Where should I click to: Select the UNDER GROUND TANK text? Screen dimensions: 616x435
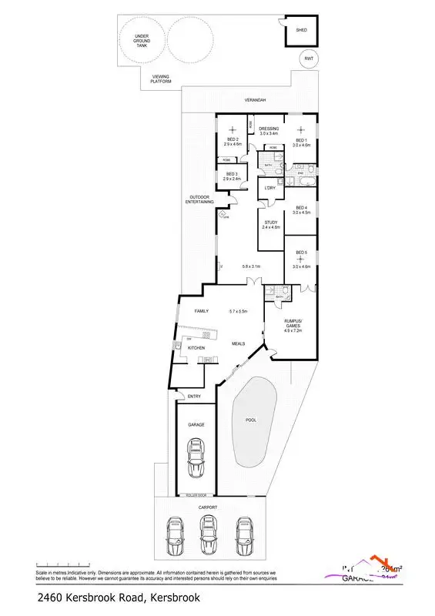[141, 40]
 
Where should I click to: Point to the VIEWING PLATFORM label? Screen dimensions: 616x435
[161, 79]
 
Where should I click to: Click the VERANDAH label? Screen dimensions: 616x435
[255, 101]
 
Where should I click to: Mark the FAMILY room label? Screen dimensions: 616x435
[201, 311]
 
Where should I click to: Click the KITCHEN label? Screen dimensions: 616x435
[196, 348]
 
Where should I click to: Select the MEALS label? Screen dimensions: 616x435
[238, 343]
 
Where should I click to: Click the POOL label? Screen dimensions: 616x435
[250, 420]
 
